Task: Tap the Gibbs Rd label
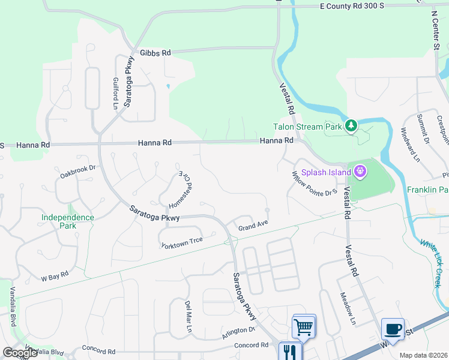[x=155, y=53]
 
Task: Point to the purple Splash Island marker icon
[x=360, y=172]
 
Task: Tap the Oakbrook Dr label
[x=78, y=172]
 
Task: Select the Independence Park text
[x=68, y=221]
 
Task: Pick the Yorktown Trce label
[x=182, y=242]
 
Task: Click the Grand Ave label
[x=252, y=226]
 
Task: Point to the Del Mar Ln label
[x=188, y=317]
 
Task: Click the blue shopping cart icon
[x=304, y=327]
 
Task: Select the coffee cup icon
[x=393, y=329]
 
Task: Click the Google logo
[x=20, y=352]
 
